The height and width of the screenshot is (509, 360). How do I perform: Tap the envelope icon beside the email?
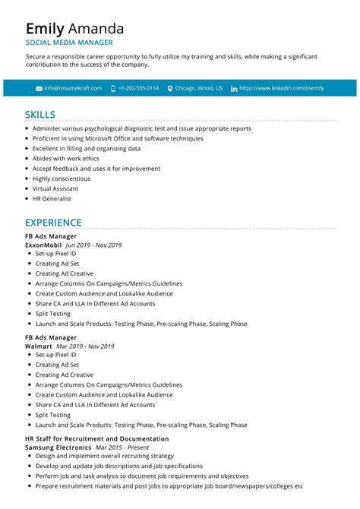pos(39,88)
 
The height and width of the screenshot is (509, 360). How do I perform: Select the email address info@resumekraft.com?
pos(72,88)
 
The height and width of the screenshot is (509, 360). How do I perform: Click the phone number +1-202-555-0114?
pos(138,88)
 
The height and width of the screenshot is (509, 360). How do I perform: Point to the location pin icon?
pos(170,88)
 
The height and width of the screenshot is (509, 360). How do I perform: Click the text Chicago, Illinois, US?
pos(199,88)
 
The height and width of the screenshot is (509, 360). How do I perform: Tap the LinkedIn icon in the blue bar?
pos(234,88)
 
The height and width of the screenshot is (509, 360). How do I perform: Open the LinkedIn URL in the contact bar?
pos(281,88)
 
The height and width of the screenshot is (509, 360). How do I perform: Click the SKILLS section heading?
pos(39,115)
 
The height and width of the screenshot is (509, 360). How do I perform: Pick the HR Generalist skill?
pos(52,198)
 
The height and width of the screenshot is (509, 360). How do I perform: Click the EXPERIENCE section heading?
pos(53,223)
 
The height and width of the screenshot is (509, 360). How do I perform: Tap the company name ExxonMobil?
pos(43,245)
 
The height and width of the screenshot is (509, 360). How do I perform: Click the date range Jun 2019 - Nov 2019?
pos(93,245)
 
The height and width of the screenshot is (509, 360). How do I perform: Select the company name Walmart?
pos(39,346)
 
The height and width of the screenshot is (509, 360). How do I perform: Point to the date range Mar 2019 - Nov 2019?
pos(90,346)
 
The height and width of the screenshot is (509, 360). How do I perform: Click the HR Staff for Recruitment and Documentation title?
pos(96,439)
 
